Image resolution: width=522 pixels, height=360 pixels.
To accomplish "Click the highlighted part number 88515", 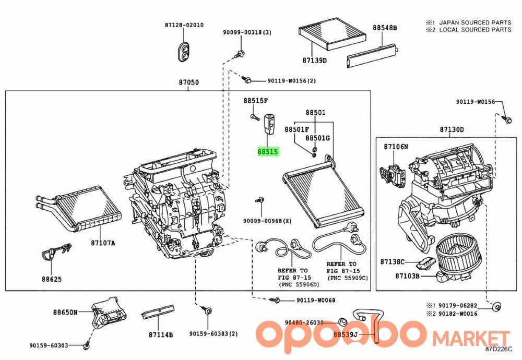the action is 268,152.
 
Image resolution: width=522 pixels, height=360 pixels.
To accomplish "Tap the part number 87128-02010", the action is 184,25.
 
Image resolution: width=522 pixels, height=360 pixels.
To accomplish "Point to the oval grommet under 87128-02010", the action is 183,52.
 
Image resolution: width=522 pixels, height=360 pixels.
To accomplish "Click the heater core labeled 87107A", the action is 79,209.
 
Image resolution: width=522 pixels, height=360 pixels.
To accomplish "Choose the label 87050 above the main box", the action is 189,82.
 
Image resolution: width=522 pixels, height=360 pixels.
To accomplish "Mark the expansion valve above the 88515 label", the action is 269,124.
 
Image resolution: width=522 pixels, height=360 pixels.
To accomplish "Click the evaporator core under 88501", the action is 323,191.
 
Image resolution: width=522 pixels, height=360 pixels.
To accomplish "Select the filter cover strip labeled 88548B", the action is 372,55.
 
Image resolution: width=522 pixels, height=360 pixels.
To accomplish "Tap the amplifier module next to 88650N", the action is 108,311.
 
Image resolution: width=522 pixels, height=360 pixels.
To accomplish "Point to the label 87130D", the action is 452,129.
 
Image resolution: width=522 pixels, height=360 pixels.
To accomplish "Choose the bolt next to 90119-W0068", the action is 275,300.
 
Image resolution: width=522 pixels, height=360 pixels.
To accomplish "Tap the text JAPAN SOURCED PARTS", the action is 475,22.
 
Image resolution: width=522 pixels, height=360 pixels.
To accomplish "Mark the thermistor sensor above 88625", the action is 55,251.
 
